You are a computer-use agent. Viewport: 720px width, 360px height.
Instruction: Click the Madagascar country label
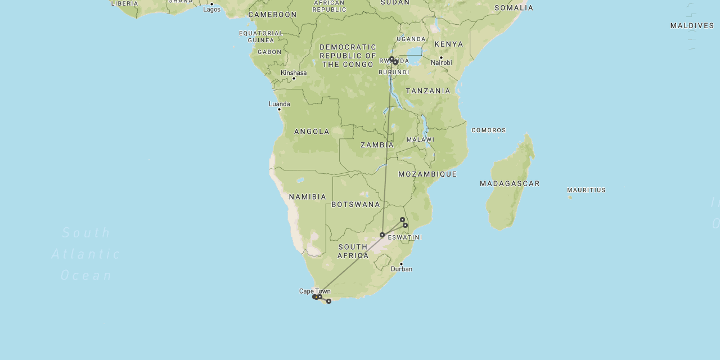pyautogui.click(x=510, y=183)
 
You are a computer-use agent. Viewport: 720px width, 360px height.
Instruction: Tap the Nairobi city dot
pyautogui.click(x=441, y=57)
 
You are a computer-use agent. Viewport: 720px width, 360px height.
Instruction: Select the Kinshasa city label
pyautogui.click(x=294, y=73)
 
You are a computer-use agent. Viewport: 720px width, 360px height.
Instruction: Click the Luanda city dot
pyautogui.click(x=279, y=109)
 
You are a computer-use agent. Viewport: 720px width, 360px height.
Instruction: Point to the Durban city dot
pyautogui.click(x=401, y=264)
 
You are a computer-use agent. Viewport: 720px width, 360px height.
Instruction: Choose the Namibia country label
pyautogui.click(x=308, y=197)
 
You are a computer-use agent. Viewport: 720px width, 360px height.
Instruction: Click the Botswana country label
pyautogui.click(x=356, y=204)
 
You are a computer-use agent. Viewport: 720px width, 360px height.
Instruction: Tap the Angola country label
pyautogui.click(x=312, y=132)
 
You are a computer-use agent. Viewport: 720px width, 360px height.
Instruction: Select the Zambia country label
pyautogui.click(x=377, y=145)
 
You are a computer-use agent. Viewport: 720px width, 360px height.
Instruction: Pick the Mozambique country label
pyautogui.click(x=427, y=174)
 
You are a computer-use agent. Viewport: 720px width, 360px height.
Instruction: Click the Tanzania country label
pyautogui.click(x=428, y=91)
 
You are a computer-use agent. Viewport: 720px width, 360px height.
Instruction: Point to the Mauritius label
pyautogui.click(x=586, y=190)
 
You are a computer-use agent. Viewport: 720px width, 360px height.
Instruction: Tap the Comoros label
pyautogui.click(x=489, y=130)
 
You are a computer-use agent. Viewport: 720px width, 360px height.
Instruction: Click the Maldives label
pyautogui.click(x=692, y=26)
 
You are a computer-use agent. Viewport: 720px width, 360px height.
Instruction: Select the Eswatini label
pyautogui.click(x=405, y=237)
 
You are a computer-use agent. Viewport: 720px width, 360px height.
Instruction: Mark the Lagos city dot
pyautogui.click(x=211, y=4)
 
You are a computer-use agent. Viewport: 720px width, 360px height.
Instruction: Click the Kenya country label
pyautogui.click(x=449, y=44)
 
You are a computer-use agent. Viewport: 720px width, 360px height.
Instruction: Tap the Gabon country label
pyautogui.click(x=269, y=52)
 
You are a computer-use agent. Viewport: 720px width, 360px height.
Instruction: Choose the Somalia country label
pyautogui.click(x=514, y=8)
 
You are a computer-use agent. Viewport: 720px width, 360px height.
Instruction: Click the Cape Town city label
pyautogui.click(x=314, y=291)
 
